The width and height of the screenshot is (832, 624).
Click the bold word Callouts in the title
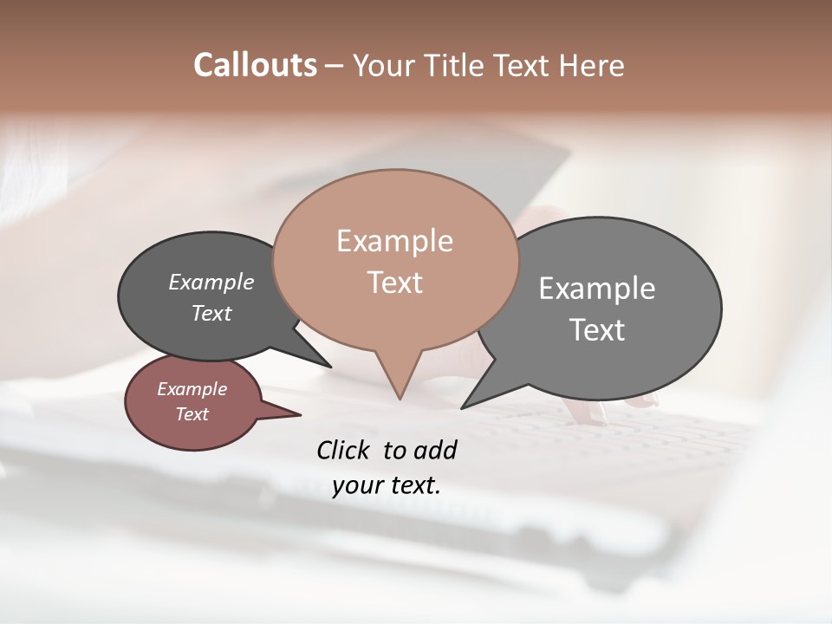[255, 65]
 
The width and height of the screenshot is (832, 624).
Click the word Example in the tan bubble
[394, 241]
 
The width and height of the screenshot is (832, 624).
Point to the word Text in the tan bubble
[394, 282]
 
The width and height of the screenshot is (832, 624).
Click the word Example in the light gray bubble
[597, 289]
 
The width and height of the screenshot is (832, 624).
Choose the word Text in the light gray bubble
[597, 329]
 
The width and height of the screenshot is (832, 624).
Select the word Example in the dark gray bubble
[211, 282]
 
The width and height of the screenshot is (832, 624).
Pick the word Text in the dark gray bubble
[211, 313]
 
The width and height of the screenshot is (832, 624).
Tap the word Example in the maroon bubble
[192, 389]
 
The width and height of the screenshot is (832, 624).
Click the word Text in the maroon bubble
[192, 414]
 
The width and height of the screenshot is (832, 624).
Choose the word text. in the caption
[414, 485]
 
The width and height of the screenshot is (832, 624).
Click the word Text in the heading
[523, 65]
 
